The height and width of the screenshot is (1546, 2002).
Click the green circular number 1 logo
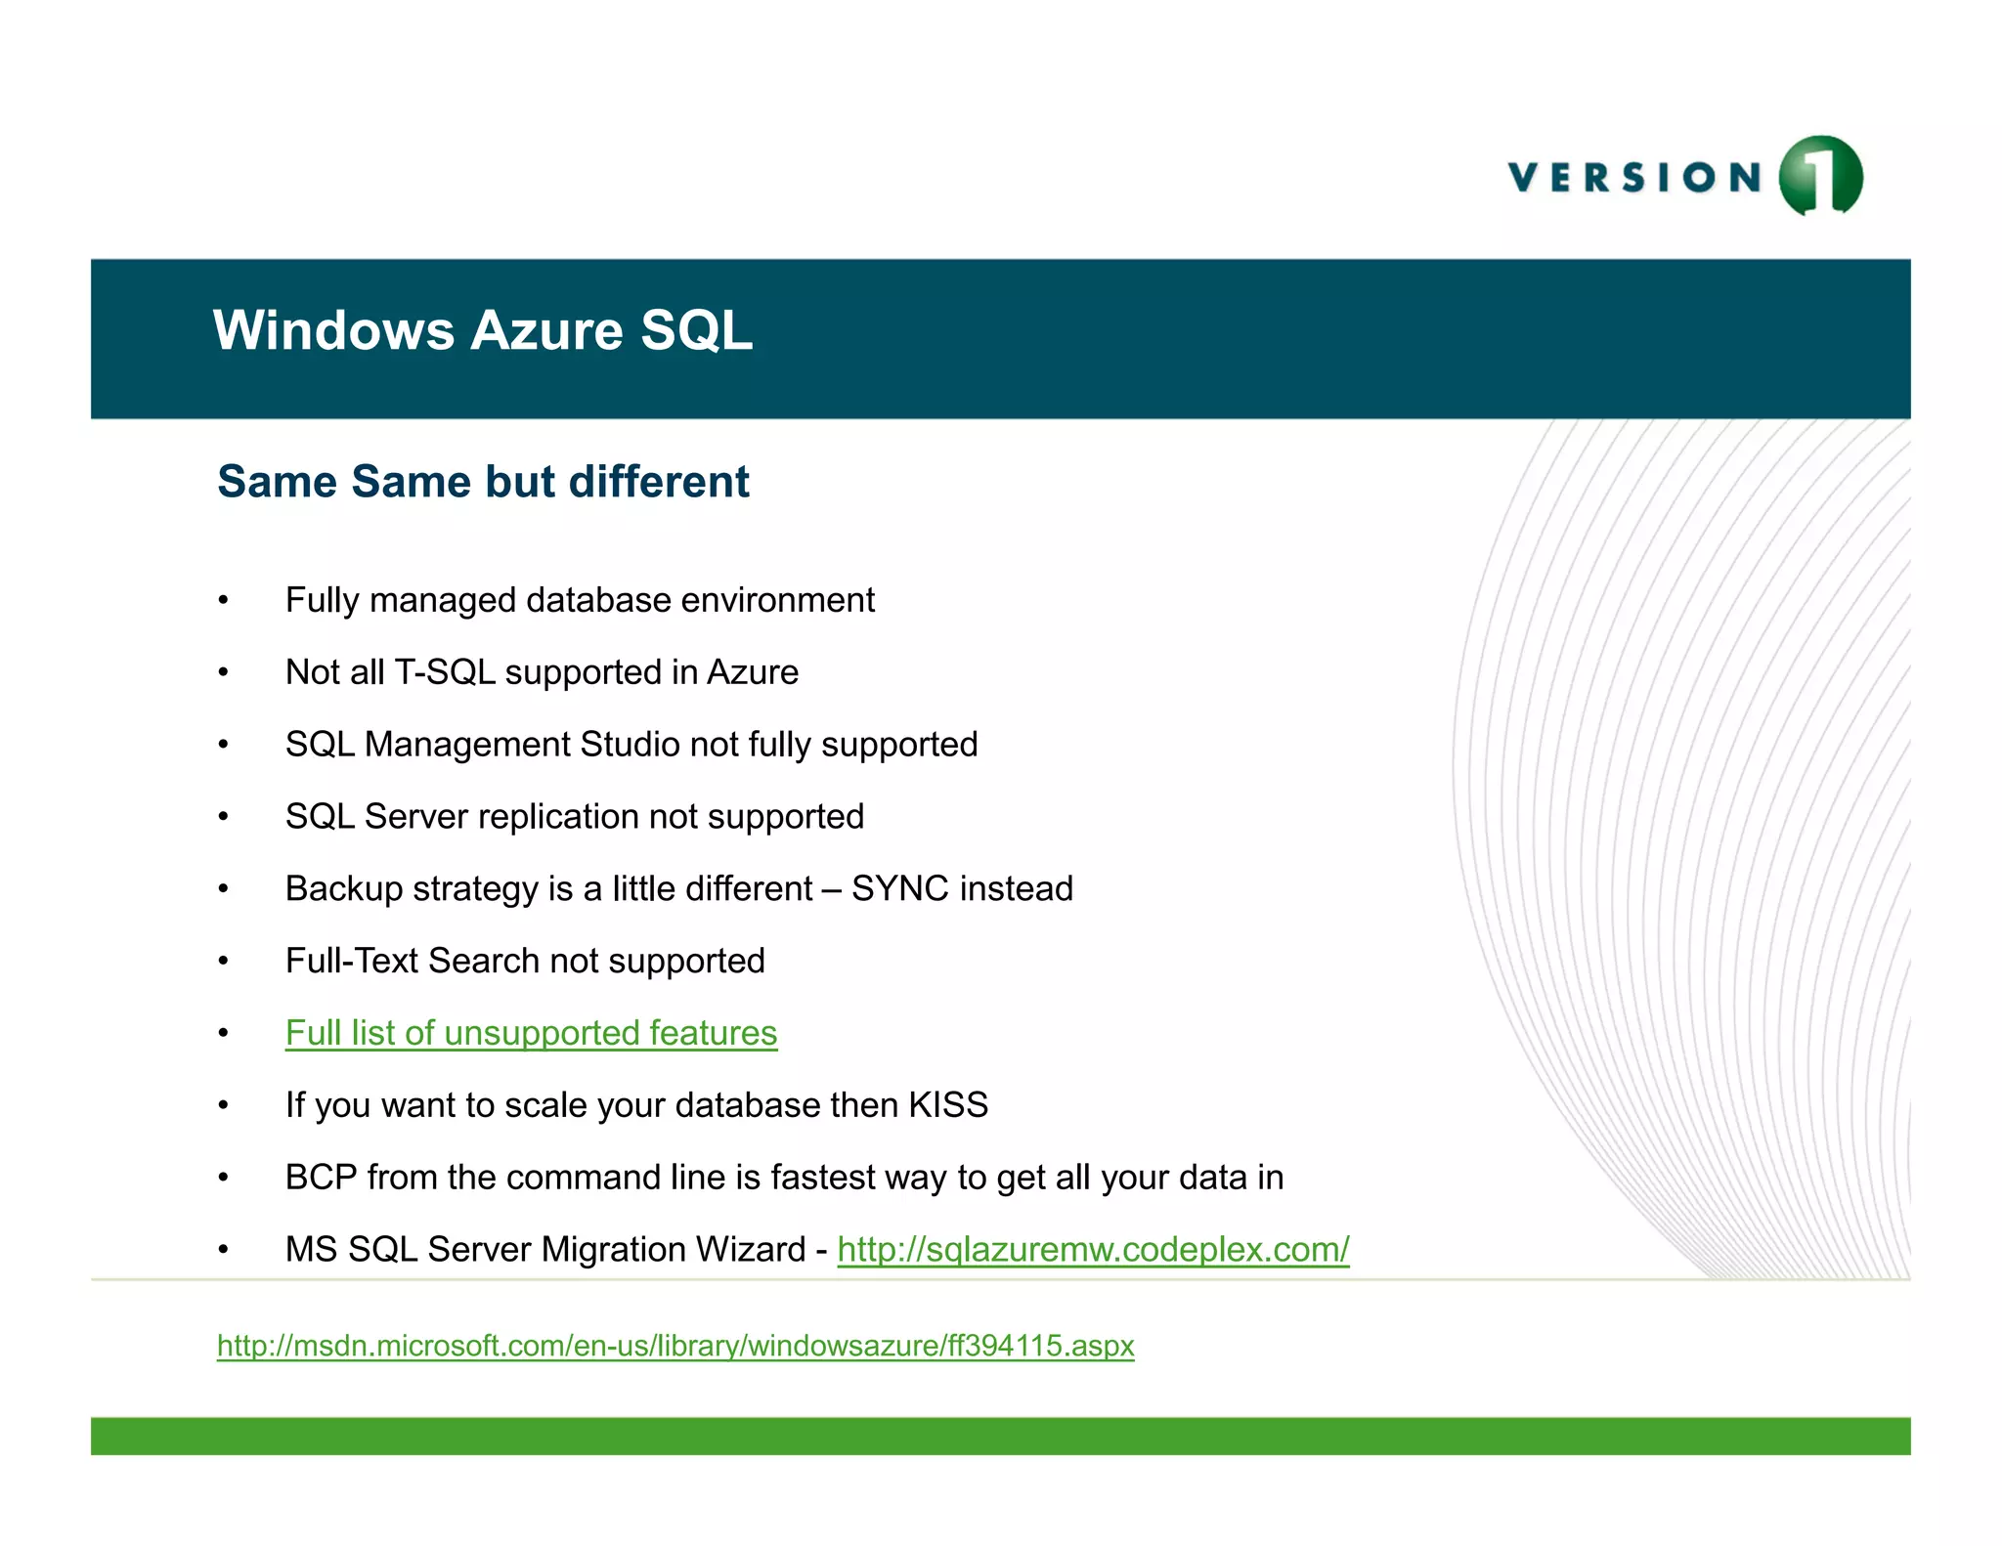coord(1820,175)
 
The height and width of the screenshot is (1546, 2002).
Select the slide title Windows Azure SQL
coord(483,330)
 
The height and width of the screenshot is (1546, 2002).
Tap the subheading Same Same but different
coord(483,482)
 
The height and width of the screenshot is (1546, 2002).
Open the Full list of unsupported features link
coord(531,1033)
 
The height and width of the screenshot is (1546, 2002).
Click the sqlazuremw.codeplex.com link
coord(1093,1250)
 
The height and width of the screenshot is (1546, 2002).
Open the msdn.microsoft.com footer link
coord(675,1346)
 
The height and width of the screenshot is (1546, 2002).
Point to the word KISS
coord(948,1105)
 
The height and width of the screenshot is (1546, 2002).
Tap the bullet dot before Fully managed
coord(224,601)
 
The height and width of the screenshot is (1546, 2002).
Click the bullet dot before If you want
coord(224,1106)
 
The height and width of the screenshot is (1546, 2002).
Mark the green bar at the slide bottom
coord(1000,1436)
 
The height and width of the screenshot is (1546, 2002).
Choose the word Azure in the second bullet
coord(752,672)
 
